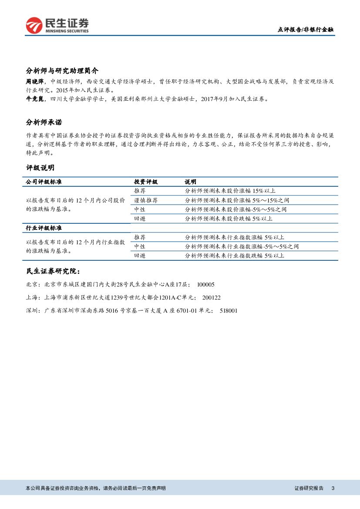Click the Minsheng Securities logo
click(57, 25)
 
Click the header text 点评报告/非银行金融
click(306, 30)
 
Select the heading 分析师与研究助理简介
click(62, 71)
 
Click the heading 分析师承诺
click(47, 122)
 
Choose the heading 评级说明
click(40, 168)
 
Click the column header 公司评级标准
click(44, 182)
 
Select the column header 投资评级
click(146, 182)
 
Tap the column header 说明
click(190, 182)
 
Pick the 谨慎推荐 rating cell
click(146, 200)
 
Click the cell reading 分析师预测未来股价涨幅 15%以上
click(230, 191)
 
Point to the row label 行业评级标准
click(44, 228)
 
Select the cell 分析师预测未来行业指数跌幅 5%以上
click(235, 256)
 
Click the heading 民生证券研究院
click(53, 271)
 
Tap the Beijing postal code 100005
click(206, 285)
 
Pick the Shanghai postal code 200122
click(212, 298)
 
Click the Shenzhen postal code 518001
click(229, 311)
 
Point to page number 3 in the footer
click(333, 488)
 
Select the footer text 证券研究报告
click(309, 488)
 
